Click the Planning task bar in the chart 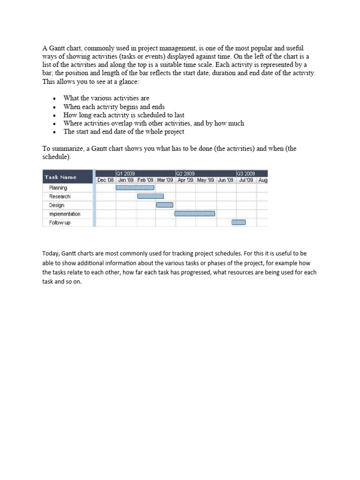coord(135,187)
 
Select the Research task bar coord(150,196)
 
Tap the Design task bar coord(165,205)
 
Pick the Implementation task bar coord(195,214)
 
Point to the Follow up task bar coord(239,223)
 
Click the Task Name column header coord(60,177)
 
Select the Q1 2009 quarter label coord(126,173)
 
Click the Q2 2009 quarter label coord(186,173)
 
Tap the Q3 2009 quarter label coord(246,173)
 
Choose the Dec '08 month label coord(105,180)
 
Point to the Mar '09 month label coord(165,180)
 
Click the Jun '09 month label coord(225,180)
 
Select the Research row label coord(60,196)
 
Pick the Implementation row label coord(65,214)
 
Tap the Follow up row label coord(60,223)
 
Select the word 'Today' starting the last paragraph coord(51,254)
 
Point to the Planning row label coord(58,187)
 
